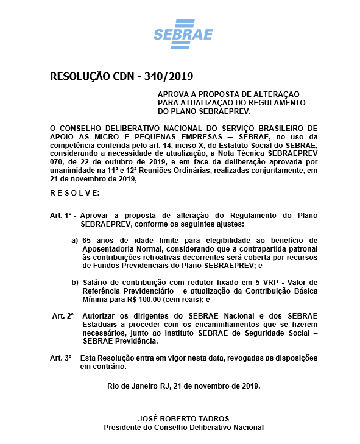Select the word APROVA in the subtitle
(173, 94)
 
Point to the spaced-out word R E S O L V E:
(74, 192)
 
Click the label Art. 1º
(62, 216)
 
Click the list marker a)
(75, 241)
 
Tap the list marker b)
(75, 282)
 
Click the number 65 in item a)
(86, 241)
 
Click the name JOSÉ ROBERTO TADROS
(183, 419)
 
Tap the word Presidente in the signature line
(124, 428)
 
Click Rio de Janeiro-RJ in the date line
(136, 386)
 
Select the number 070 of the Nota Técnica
(56, 163)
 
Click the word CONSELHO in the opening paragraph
(82, 129)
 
